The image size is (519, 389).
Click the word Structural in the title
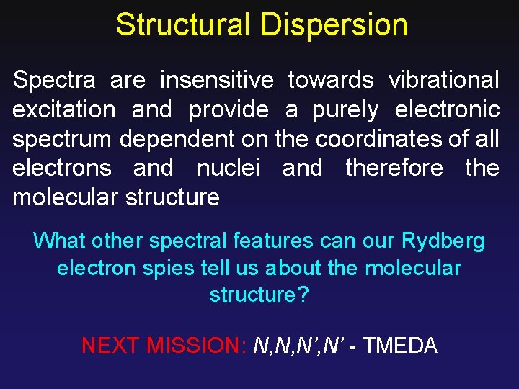coord(183,24)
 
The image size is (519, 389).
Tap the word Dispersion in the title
coord(334,24)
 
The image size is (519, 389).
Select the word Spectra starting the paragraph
coord(56,81)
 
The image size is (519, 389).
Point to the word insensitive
coord(216,81)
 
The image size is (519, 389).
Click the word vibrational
coord(443,81)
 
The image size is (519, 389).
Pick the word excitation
coord(63,110)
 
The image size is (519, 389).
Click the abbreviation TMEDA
coord(400,346)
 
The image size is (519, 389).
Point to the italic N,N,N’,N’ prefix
coord(300,346)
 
